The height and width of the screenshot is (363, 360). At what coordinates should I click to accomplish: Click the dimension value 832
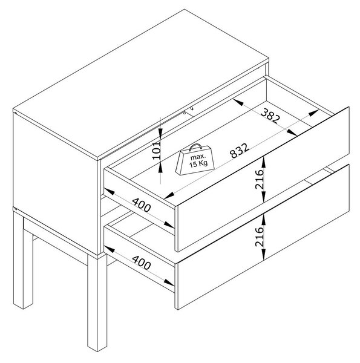(240, 151)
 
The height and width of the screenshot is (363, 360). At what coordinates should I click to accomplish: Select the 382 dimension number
(270, 116)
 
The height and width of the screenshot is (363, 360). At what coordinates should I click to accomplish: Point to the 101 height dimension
(157, 150)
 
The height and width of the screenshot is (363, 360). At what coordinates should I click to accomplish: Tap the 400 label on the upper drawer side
(142, 205)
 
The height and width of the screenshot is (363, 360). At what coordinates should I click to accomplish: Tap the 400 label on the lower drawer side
(142, 263)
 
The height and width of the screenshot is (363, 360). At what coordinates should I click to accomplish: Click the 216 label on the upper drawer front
(260, 180)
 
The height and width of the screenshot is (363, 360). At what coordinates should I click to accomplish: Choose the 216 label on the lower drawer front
(260, 237)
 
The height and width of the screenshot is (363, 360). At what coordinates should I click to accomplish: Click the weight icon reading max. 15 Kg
(195, 160)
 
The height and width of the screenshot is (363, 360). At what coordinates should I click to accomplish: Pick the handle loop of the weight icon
(195, 147)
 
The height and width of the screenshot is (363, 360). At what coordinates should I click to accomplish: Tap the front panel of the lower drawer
(263, 237)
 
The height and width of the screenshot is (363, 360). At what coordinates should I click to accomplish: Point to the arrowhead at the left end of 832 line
(169, 196)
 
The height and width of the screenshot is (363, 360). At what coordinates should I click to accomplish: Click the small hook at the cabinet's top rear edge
(192, 108)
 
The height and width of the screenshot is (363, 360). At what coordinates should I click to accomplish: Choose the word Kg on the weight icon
(203, 163)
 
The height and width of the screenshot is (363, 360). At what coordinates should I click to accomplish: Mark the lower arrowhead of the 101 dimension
(160, 167)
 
